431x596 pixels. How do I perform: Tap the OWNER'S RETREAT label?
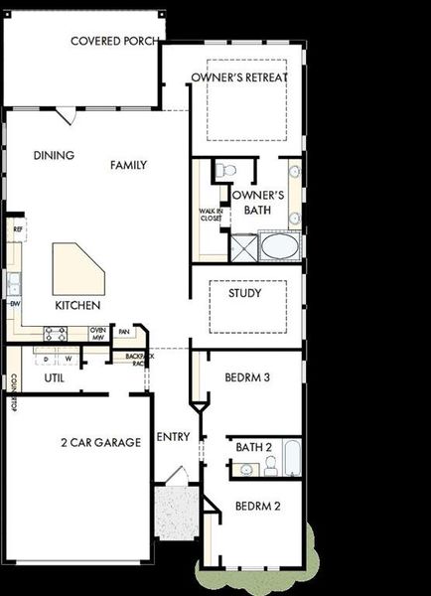[x=239, y=77]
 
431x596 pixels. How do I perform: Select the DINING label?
[x=53, y=155]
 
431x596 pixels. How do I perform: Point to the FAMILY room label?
[x=129, y=165]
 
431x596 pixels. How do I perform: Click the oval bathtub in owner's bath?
[x=278, y=244]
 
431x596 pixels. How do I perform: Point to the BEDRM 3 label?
[x=247, y=377]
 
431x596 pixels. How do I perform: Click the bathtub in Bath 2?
[x=292, y=458]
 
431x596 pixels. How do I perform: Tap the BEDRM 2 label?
[x=258, y=506]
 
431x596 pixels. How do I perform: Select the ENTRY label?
[x=174, y=438]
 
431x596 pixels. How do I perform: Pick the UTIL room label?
[x=55, y=378]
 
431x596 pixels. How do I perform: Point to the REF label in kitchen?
[x=17, y=229]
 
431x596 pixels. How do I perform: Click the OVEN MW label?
[x=97, y=334]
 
